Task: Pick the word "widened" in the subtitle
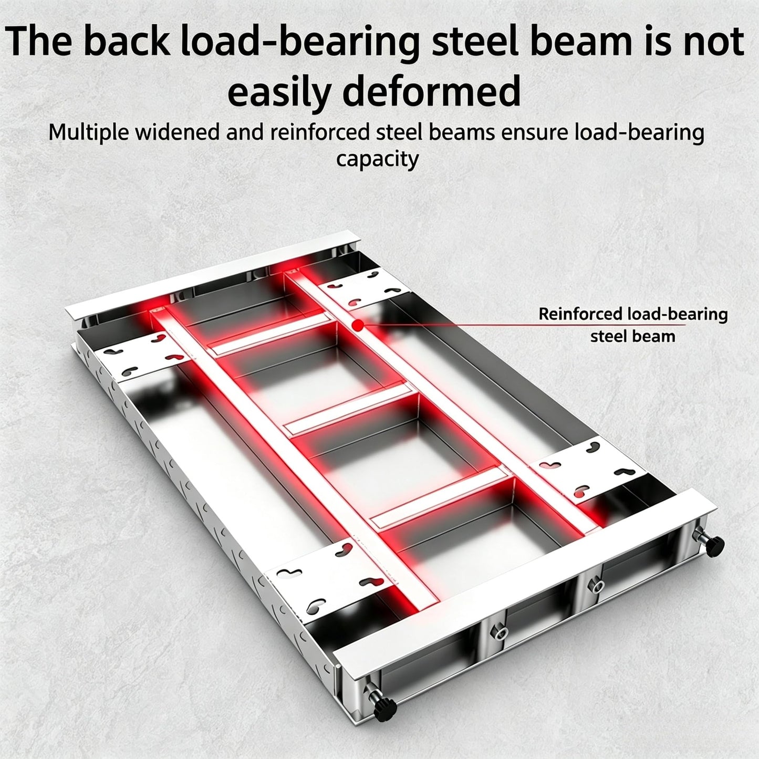coord(178,132)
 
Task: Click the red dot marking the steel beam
coord(358,325)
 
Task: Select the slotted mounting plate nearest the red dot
coord(364,288)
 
